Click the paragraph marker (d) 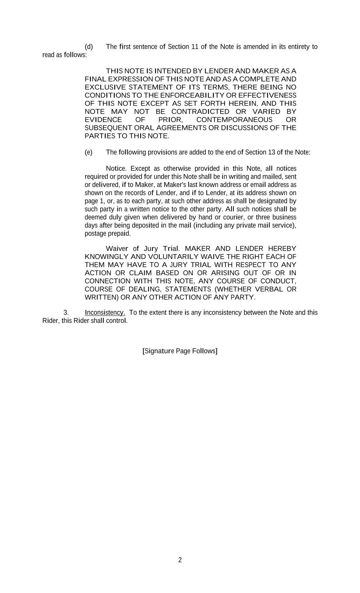89,47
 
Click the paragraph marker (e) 89,152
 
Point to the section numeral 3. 66,313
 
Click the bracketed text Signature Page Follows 180,351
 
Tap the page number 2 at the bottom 180,560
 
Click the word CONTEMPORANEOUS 234,120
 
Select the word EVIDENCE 103,120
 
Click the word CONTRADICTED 201,112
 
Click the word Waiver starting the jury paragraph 118,248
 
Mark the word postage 96,234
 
